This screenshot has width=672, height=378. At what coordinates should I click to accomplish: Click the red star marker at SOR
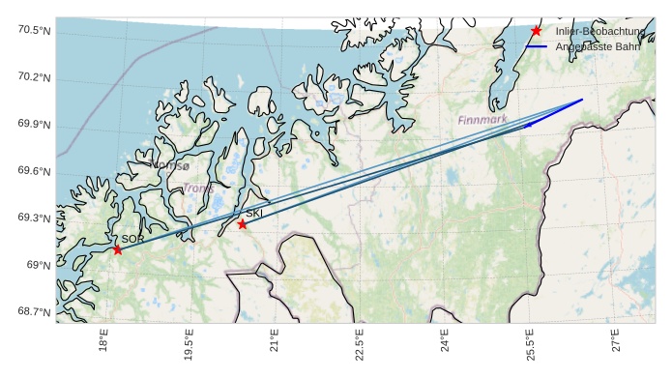click(117, 249)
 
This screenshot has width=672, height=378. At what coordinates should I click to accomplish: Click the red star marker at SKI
click(242, 224)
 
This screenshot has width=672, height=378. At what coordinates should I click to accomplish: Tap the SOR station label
click(132, 239)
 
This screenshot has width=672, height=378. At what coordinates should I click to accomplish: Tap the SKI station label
click(254, 214)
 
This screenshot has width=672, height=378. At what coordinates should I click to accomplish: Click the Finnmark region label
click(482, 120)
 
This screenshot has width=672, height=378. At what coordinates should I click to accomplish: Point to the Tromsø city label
click(171, 165)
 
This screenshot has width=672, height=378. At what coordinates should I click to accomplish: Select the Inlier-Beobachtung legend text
click(600, 32)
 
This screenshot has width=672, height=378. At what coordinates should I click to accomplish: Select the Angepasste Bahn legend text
click(598, 46)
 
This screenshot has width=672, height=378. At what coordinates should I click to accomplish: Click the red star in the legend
click(537, 32)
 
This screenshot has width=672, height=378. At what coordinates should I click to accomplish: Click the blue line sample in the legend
click(537, 46)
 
